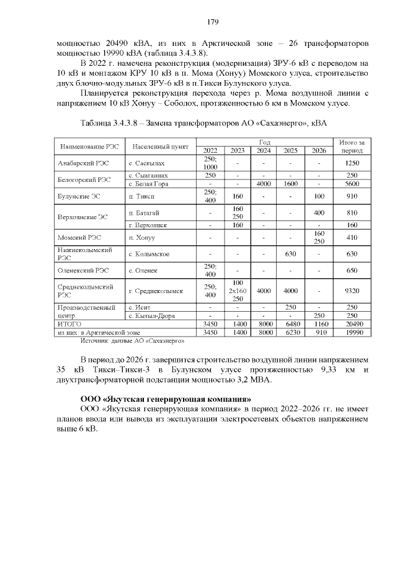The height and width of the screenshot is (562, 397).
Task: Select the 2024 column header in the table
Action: (264, 150)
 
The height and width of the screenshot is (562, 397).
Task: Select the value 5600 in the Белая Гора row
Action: (352, 184)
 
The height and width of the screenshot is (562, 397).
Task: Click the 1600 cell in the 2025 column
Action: (291, 184)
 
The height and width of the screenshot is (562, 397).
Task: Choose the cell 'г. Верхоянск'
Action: (148, 225)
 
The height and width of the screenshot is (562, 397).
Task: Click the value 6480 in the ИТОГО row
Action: (291, 324)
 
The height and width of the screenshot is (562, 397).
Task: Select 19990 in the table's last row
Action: (352, 332)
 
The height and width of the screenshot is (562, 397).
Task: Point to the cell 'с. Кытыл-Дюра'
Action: (151, 315)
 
